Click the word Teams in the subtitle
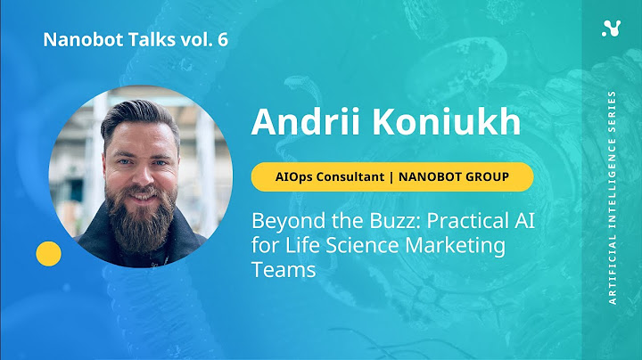(x=283, y=270)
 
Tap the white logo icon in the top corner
(x=611, y=29)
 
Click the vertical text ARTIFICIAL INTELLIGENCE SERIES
(x=612, y=196)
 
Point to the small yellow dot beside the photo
(x=48, y=254)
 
